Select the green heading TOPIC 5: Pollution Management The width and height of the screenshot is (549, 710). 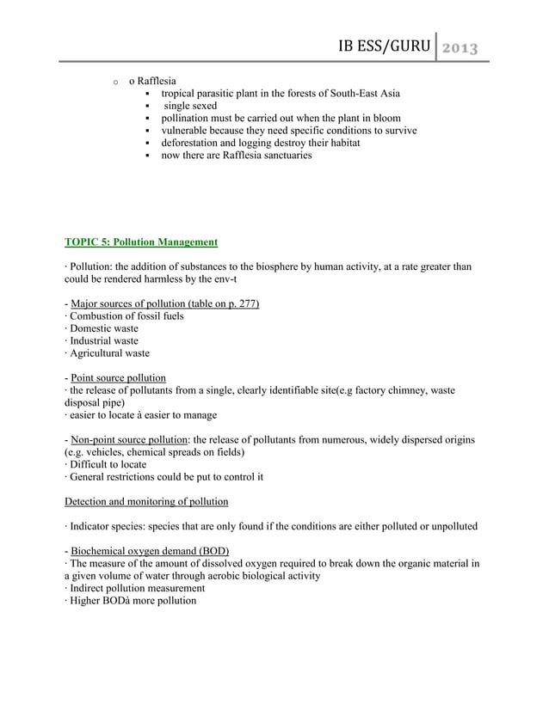(x=141, y=242)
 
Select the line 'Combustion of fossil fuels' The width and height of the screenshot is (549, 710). (x=126, y=316)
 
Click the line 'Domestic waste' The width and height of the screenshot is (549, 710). (x=103, y=328)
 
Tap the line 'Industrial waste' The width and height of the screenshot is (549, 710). (x=104, y=340)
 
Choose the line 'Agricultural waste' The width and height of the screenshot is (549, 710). (x=109, y=352)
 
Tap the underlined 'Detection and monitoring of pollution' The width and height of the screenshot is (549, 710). (x=147, y=501)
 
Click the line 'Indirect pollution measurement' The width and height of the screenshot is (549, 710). (x=137, y=588)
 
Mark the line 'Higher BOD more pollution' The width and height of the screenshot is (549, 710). (x=133, y=600)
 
